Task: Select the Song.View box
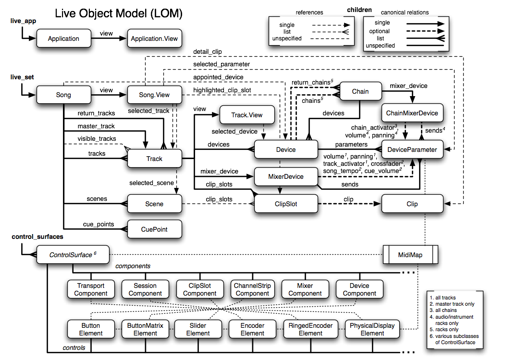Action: (154, 95)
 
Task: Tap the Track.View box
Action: (247, 115)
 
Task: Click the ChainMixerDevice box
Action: (412, 113)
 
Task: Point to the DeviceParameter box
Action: (412, 149)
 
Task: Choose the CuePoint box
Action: (154, 229)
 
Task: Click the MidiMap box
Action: (410, 255)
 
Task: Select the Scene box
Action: (154, 204)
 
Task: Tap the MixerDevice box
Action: (285, 176)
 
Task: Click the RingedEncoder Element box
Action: (310, 329)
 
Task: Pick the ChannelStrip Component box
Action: (252, 289)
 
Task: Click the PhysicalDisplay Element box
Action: (372, 329)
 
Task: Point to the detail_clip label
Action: (208, 51)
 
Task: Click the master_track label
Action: (96, 126)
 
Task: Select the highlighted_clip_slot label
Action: (222, 90)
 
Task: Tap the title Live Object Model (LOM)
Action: (119, 13)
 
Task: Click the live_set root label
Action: (22, 77)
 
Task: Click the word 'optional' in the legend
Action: (380, 31)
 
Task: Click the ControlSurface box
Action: (72, 255)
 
